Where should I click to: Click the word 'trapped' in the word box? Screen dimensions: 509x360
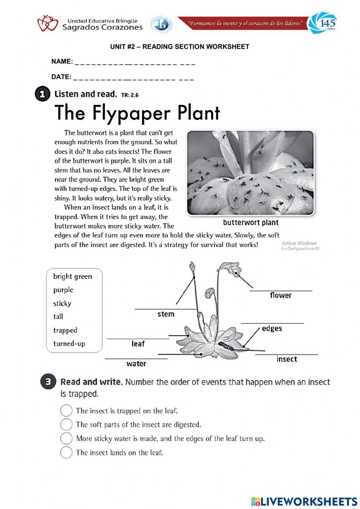tap(65, 330)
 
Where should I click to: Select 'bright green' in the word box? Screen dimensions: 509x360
tap(72, 277)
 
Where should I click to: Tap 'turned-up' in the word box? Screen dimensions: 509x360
tap(69, 344)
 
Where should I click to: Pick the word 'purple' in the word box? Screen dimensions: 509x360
tap(63, 290)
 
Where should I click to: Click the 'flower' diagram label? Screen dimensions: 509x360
tap(280, 295)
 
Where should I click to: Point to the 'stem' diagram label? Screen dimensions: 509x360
tap(166, 314)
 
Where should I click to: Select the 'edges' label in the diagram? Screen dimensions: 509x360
tap(272, 329)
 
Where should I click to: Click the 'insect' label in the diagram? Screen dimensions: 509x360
tap(287, 359)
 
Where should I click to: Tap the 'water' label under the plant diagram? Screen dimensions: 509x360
tap(136, 364)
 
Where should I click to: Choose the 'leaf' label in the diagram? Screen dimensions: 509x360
tap(138, 344)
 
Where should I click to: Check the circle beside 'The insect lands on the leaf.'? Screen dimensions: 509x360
tap(66, 452)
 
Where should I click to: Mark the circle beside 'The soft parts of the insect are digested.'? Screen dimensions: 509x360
tap(66, 424)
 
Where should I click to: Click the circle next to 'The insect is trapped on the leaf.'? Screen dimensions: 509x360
tap(66, 411)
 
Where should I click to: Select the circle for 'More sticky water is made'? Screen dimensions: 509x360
tap(66, 438)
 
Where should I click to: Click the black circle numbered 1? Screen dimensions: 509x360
tap(42, 94)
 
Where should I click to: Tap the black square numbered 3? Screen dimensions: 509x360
tap(48, 382)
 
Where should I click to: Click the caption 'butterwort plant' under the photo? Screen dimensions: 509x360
tap(251, 223)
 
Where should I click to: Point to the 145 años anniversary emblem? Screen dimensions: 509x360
tap(323, 23)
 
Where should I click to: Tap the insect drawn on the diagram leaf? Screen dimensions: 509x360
tap(225, 346)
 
